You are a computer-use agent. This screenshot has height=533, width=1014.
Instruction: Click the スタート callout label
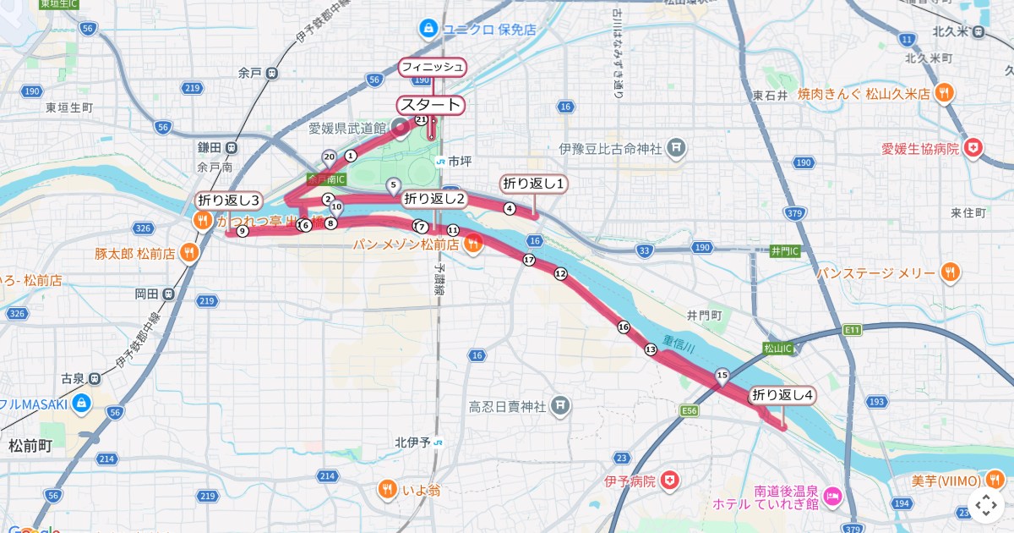tap(431, 105)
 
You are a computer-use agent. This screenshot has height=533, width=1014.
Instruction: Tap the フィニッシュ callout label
tap(433, 67)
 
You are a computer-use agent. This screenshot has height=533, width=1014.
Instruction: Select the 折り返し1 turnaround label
tap(534, 184)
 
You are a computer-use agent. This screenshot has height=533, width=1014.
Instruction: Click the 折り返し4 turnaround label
tap(782, 395)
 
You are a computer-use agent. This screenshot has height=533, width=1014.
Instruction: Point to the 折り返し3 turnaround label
tap(229, 201)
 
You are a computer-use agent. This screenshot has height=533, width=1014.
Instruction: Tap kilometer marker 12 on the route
tap(560, 273)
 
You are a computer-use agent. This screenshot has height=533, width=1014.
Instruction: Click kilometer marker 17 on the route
tap(529, 260)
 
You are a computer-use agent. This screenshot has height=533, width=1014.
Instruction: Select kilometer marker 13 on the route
tap(651, 349)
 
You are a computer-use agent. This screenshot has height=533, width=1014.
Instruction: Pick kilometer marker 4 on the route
tap(509, 208)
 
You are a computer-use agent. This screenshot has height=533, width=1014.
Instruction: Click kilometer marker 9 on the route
tap(243, 231)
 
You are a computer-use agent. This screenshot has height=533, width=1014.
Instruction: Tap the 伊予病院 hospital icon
tap(670, 481)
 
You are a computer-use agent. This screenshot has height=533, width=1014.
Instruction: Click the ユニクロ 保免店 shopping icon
tap(429, 30)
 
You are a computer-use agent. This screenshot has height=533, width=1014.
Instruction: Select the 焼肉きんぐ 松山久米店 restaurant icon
tap(944, 94)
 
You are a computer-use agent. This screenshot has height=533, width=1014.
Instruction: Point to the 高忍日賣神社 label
tap(507, 408)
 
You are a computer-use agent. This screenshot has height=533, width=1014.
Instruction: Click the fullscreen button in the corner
tap(985, 506)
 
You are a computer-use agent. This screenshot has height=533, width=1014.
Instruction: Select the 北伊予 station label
tap(413, 442)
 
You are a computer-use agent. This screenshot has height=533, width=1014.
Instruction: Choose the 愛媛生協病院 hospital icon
tap(974, 148)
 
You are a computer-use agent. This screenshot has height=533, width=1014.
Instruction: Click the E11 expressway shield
tap(851, 328)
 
